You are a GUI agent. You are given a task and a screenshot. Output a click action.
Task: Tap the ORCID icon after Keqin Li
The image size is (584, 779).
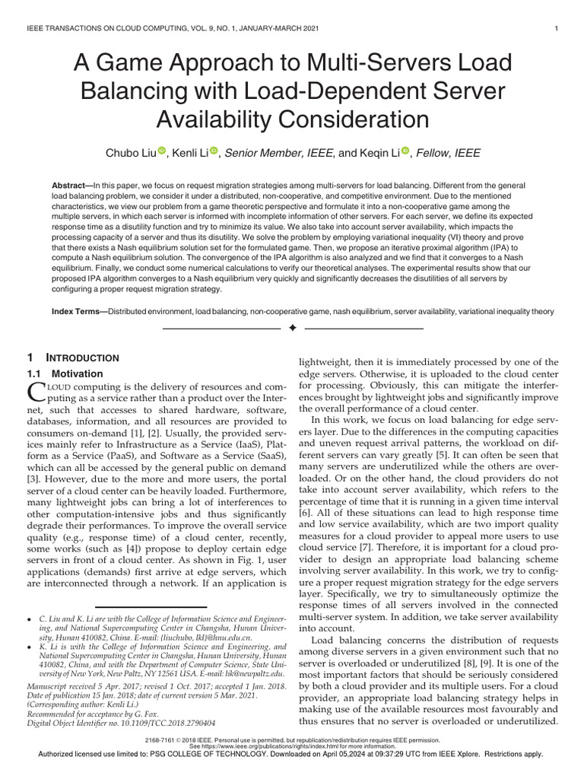[x=405, y=152]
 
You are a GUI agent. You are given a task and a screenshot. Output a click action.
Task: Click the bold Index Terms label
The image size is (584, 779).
[x=79, y=312]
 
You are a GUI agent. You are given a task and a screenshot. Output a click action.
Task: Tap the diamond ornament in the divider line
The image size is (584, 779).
[x=292, y=328]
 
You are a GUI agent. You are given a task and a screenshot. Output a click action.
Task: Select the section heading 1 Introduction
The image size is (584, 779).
[x=73, y=358]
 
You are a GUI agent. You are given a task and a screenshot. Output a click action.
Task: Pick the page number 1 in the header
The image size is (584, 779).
[x=557, y=30]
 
